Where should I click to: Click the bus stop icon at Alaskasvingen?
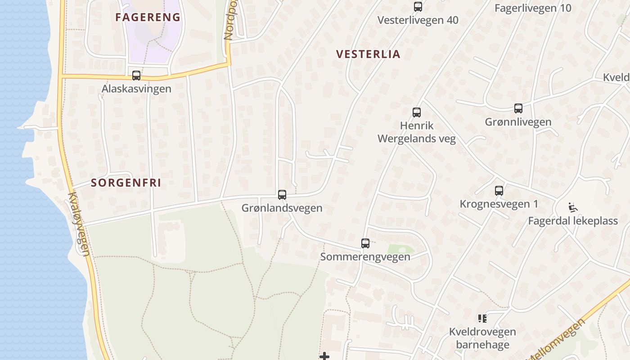(136, 76)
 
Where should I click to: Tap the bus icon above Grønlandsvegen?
(282, 195)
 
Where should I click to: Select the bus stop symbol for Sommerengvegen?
(365, 243)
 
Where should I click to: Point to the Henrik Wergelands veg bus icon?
(417, 112)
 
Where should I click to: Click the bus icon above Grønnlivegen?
(518, 108)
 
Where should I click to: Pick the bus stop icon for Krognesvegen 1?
(499, 191)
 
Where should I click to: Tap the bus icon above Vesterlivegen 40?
(418, 7)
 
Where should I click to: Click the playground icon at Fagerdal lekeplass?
(573, 207)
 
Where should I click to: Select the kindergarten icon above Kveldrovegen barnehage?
(482, 319)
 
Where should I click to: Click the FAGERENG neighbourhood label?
(148, 18)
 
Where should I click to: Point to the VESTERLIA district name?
(368, 54)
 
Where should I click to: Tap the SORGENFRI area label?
(126, 183)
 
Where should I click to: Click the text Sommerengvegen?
(365, 257)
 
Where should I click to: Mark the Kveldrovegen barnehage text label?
(482, 338)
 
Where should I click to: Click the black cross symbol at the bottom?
(324, 356)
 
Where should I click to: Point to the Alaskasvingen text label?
(136, 89)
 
